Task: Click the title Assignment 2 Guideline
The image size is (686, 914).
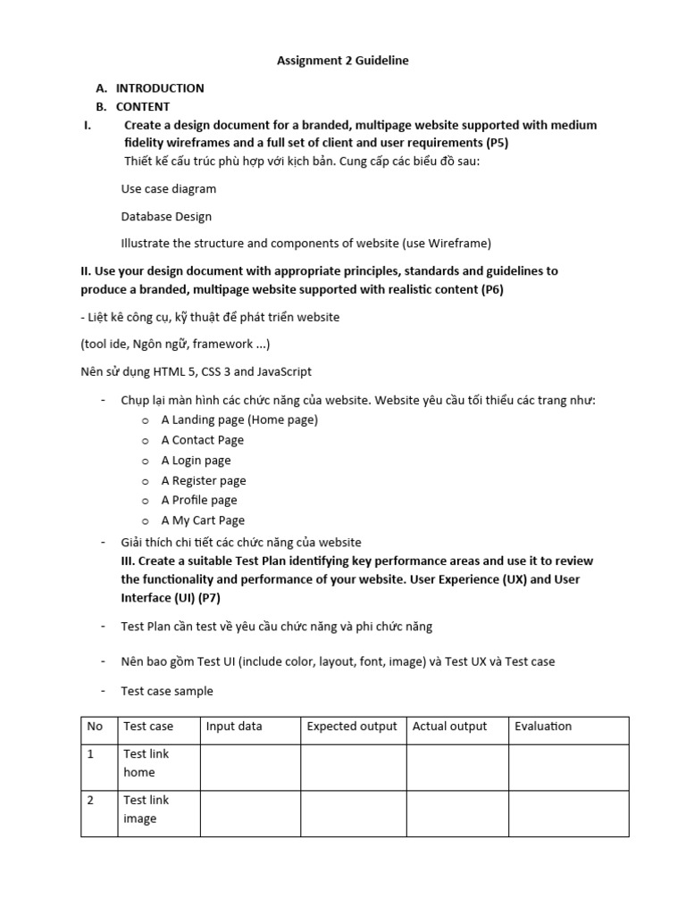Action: click(x=342, y=61)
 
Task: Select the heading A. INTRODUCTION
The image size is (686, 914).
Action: click(x=150, y=87)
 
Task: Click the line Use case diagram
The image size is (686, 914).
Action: click(x=169, y=188)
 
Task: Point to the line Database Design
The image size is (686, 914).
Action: click(x=166, y=216)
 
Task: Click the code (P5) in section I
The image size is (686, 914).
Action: click(x=497, y=143)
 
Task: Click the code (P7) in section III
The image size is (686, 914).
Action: click(x=212, y=597)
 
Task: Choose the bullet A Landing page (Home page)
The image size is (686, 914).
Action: click(x=239, y=420)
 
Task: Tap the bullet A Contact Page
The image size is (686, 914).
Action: click(x=202, y=440)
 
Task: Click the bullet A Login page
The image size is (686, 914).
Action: click(x=196, y=461)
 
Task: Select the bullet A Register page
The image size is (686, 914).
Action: click(x=203, y=480)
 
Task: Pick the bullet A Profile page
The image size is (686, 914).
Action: click(x=199, y=500)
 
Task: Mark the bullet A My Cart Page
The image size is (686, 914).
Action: click(x=203, y=520)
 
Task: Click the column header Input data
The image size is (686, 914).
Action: click(x=234, y=727)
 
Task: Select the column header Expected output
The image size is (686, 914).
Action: click(x=352, y=727)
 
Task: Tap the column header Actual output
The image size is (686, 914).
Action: click(x=449, y=727)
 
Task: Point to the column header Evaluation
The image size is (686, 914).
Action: click(x=543, y=727)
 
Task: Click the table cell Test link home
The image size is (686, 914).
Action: click(x=146, y=763)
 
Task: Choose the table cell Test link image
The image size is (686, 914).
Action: click(x=146, y=810)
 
